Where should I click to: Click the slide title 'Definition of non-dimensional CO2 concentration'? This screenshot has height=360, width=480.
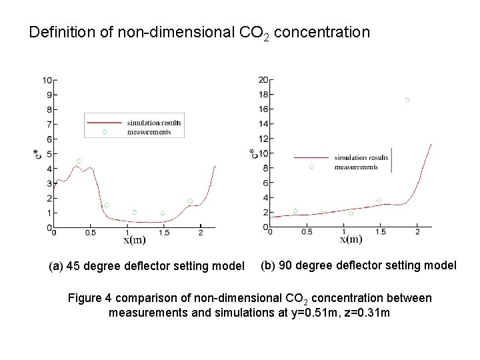pyautogui.click(x=199, y=31)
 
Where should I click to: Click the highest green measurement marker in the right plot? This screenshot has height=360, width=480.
pyautogui.click(x=407, y=100)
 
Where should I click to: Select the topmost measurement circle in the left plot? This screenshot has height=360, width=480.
pyautogui.click(x=104, y=131)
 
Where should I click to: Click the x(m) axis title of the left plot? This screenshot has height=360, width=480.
pyautogui.click(x=134, y=240)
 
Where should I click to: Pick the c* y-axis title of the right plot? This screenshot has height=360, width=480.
pyautogui.click(x=253, y=154)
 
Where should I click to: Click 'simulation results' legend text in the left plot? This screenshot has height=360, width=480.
pyautogui.click(x=154, y=123)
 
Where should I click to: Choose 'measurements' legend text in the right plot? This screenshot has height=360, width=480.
pyautogui.click(x=356, y=167)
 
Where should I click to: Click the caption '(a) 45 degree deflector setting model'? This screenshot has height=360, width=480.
pyautogui.click(x=147, y=267)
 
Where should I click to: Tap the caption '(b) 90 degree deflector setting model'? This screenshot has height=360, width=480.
pyautogui.click(x=358, y=265)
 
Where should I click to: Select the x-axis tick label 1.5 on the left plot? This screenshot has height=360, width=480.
pyautogui.click(x=165, y=233)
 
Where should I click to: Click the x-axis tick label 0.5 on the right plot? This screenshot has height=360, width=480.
pyautogui.click(x=306, y=232)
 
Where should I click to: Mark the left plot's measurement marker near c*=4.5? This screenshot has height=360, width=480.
pyautogui.click(x=79, y=161)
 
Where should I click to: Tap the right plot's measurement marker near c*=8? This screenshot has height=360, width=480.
pyautogui.click(x=311, y=167)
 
